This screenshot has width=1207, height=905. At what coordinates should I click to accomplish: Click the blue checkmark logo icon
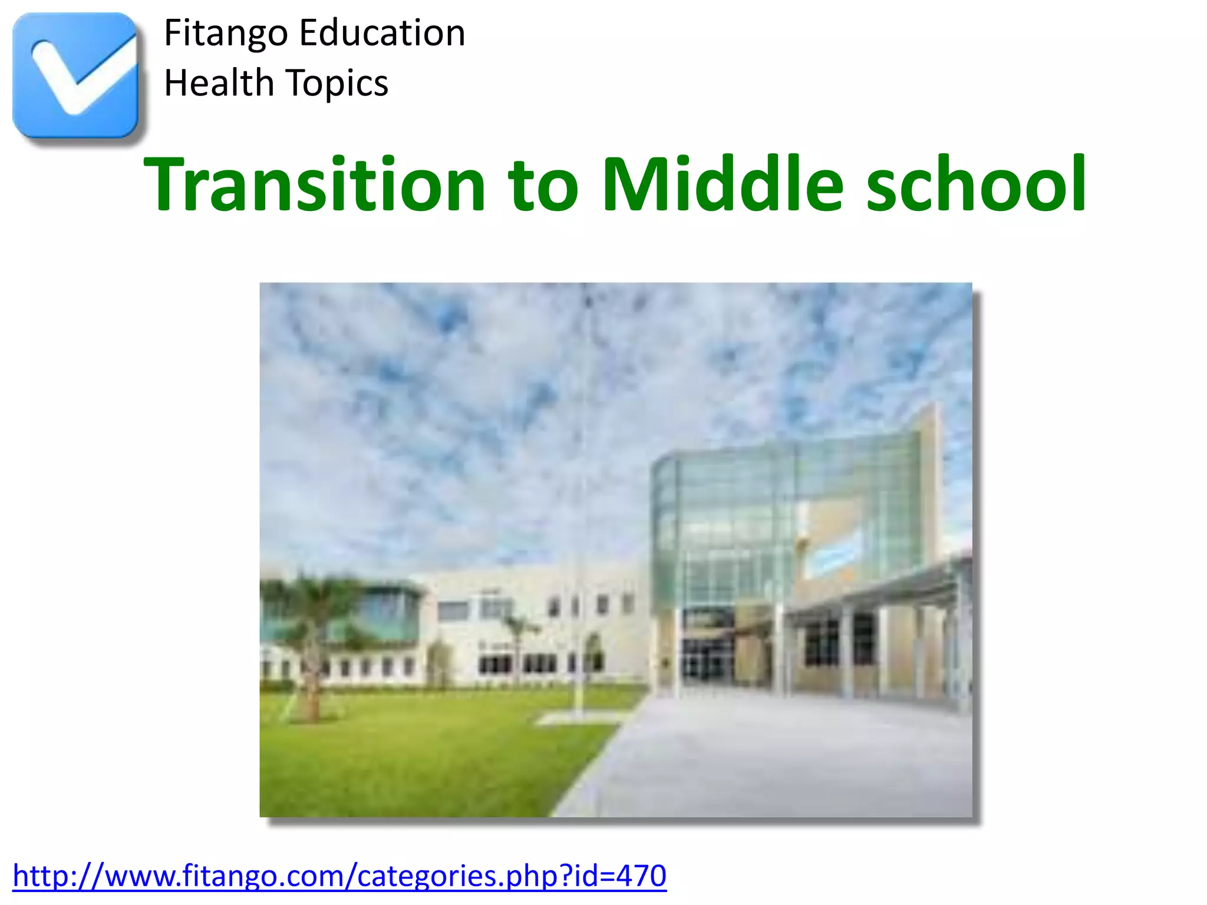[75, 75]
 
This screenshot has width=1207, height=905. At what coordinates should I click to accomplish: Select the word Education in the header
[382, 33]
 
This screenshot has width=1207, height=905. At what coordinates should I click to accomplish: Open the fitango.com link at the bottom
[339, 876]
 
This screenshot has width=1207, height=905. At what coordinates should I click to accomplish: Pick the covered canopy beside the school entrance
[878, 595]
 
